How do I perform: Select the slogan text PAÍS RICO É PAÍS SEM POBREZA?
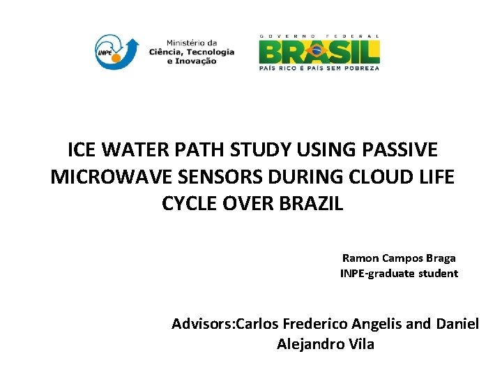tap(319, 68)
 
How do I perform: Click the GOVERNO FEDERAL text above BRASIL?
tap(319, 36)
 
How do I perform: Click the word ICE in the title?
tap(81, 150)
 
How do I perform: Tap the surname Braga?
tap(440, 258)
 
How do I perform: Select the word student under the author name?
tap(439, 273)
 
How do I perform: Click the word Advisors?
tap(202, 324)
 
